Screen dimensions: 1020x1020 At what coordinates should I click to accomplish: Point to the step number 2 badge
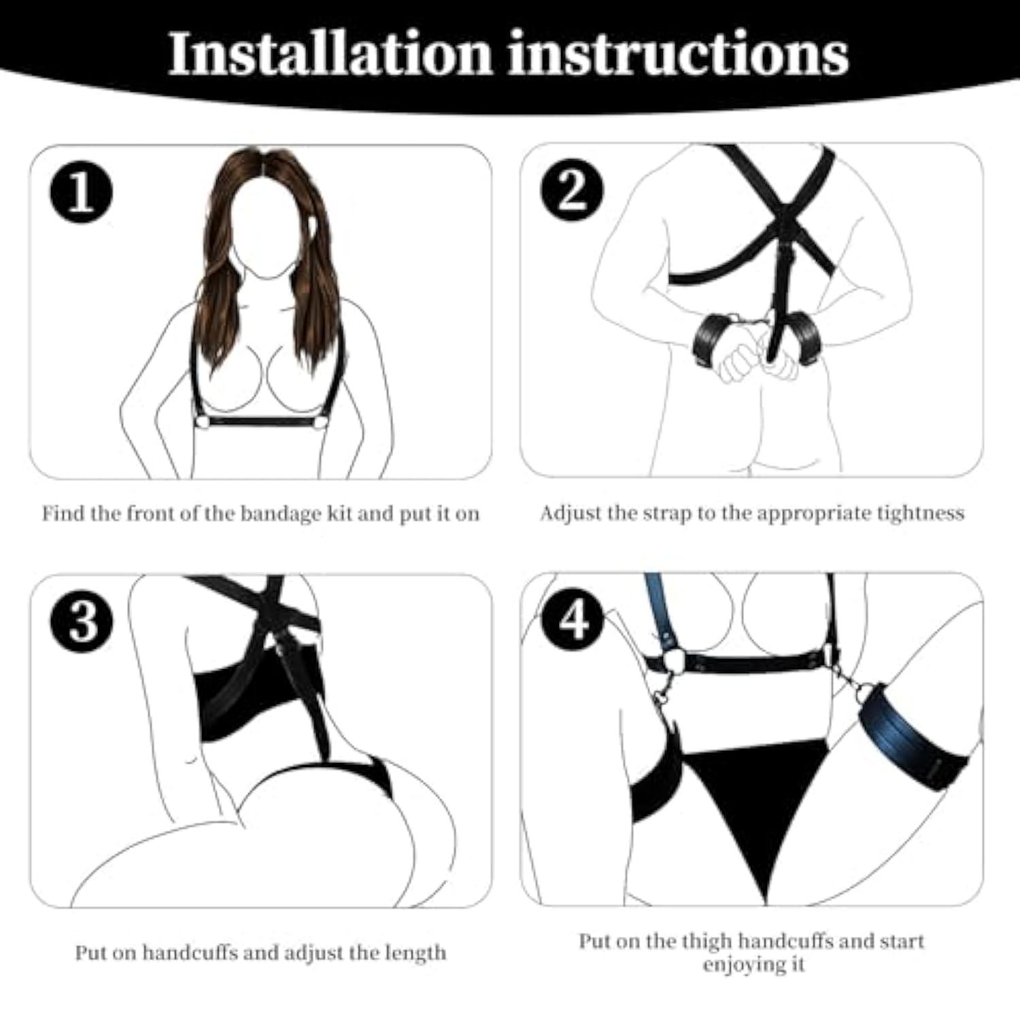[571, 190]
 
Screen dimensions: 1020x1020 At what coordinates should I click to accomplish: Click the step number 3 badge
[82, 621]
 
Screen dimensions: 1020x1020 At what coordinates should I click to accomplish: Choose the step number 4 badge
[572, 619]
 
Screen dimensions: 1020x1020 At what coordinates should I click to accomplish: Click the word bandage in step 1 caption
[280, 513]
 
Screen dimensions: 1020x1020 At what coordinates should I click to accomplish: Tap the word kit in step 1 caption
[339, 513]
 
